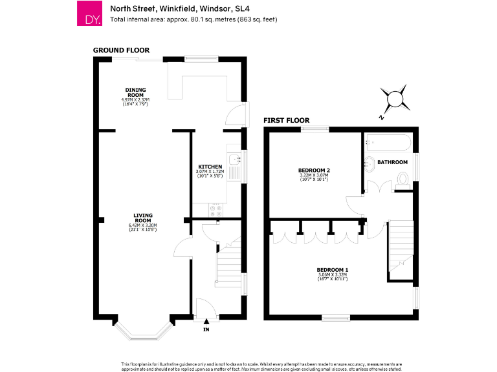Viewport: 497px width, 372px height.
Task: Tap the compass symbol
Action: pos(394,99)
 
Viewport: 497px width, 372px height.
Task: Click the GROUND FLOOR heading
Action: pos(121,50)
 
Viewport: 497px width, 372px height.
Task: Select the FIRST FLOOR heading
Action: pos(286,121)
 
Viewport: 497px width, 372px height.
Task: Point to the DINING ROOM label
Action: pos(135,91)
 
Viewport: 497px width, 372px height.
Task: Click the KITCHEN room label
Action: pos(210,167)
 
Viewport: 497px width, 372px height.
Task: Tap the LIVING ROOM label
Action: pos(142,217)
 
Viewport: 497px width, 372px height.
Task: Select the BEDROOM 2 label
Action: pos(314,170)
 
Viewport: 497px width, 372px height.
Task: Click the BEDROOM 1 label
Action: pos(333,269)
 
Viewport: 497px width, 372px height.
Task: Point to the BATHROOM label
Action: pos(392,162)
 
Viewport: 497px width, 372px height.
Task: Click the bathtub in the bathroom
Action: pos(386,143)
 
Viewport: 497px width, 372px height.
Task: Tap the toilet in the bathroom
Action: pos(403,180)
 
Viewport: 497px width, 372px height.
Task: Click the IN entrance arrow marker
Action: pos(206,322)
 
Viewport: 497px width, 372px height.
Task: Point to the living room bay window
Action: pos(144,329)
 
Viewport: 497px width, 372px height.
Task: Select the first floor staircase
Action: pos(399,245)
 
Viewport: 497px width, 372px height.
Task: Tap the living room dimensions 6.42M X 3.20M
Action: pos(142,227)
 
